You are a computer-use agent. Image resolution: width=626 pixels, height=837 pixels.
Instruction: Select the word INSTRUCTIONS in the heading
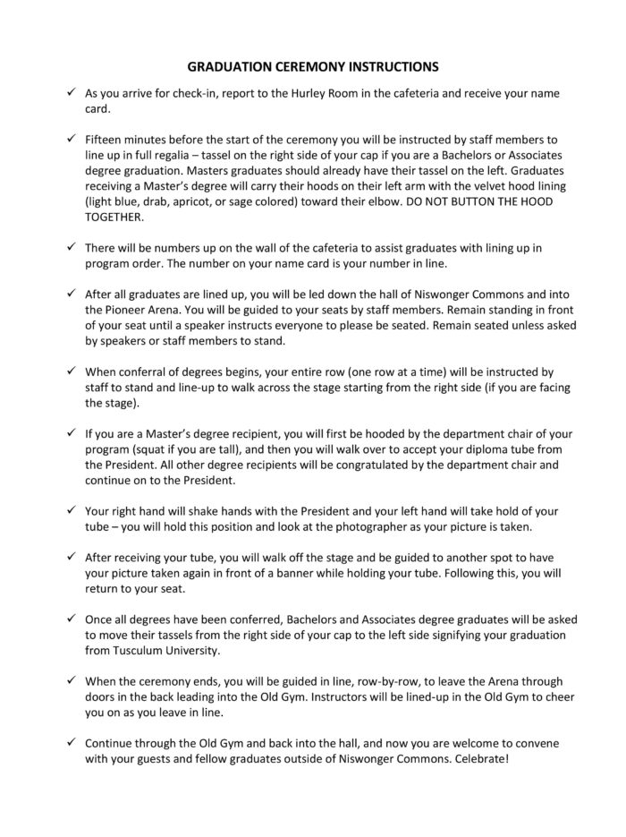coord(393,66)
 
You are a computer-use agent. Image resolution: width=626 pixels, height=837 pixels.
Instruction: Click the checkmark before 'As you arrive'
coord(71,93)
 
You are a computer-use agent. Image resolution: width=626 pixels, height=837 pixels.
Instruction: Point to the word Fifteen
coord(105,141)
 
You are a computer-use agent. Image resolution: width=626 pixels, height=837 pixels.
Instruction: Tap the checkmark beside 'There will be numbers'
coord(71,246)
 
